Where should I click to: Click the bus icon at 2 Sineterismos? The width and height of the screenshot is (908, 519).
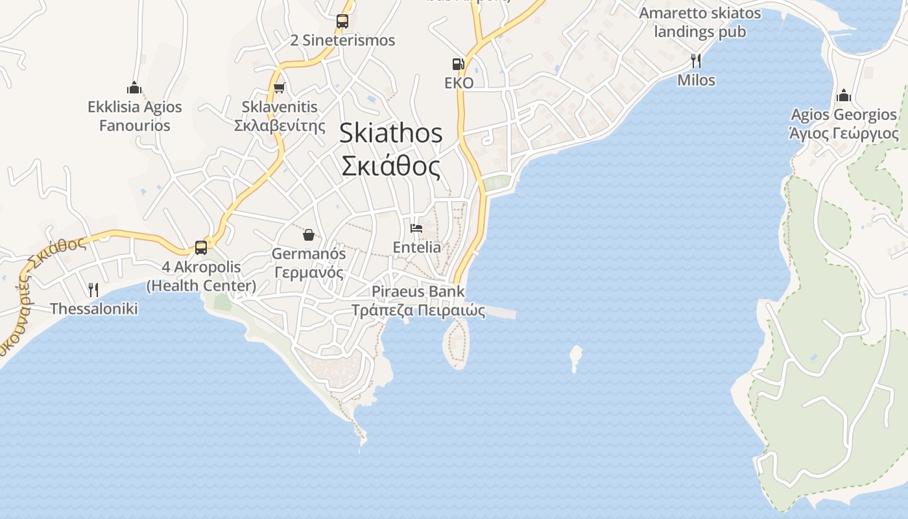(x=342, y=21)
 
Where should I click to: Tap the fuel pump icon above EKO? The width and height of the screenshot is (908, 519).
(x=459, y=64)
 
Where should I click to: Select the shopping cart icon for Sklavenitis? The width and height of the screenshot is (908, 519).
(x=280, y=88)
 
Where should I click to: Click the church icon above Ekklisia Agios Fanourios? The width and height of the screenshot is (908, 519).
(x=134, y=88)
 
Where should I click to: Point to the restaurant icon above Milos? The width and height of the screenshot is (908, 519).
(x=696, y=61)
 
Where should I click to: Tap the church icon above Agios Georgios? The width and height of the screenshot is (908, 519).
(x=844, y=95)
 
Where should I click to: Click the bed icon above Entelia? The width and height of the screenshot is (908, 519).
(x=416, y=228)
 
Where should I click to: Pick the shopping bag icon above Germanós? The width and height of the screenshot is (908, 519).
(x=309, y=234)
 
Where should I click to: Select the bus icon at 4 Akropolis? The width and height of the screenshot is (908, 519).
(x=201, y=247)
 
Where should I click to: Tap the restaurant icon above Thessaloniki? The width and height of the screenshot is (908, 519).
(x=93, y=289)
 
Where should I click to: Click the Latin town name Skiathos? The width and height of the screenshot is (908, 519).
(x=391, y=133)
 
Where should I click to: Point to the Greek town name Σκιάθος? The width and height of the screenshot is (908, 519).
(x=391, y=166)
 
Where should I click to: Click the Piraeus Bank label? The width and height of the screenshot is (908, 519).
(x=418, y=291)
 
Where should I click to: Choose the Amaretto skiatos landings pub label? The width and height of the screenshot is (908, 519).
(x=700, y=22)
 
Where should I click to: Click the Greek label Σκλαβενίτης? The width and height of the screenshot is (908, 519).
(x=280, y=125)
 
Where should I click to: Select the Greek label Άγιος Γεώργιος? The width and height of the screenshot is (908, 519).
(x=844, y=134)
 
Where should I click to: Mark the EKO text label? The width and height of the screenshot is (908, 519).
(x=459, y=83)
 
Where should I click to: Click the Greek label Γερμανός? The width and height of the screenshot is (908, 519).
(x=309, y=272)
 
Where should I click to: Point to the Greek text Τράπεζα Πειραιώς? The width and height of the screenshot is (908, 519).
(x=418, y=310)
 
